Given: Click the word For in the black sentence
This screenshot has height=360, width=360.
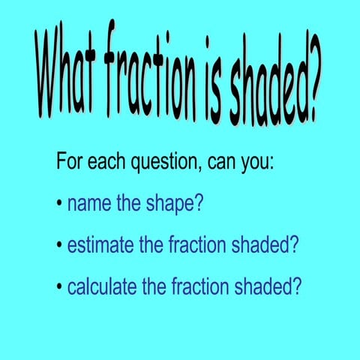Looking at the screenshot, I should pos(70,161).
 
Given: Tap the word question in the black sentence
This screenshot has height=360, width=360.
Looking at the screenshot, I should pos(167,163).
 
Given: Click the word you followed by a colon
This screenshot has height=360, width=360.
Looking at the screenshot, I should pos(257,163).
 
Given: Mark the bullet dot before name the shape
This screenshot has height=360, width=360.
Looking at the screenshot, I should pos(59,204).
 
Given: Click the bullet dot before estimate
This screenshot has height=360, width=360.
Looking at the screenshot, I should pos(59,245).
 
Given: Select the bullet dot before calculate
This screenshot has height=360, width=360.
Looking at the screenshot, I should pos(59,286).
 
